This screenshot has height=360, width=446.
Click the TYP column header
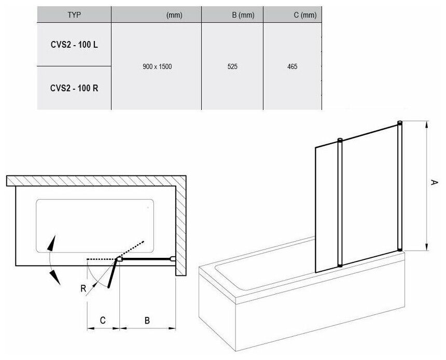coord(74,16)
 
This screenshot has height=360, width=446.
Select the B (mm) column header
coord(243,16)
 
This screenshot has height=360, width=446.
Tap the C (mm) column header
coord(304,16)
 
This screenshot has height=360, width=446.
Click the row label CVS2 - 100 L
coord(74,45)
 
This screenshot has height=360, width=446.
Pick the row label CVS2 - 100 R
coord(74,88)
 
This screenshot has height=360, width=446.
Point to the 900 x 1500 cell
coord(157,66)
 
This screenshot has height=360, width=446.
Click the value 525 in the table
coord(232,66)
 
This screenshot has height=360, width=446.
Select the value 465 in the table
coord(292,66)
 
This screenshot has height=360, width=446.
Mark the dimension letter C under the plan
coord(103,321)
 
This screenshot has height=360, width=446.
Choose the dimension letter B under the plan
coord(147,321)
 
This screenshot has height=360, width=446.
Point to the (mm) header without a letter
coord(174,16)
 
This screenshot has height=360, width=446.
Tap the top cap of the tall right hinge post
coord(399,122)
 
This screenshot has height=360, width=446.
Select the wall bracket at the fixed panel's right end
coord(172,258)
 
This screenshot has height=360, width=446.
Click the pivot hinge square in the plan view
coord(119,258)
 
